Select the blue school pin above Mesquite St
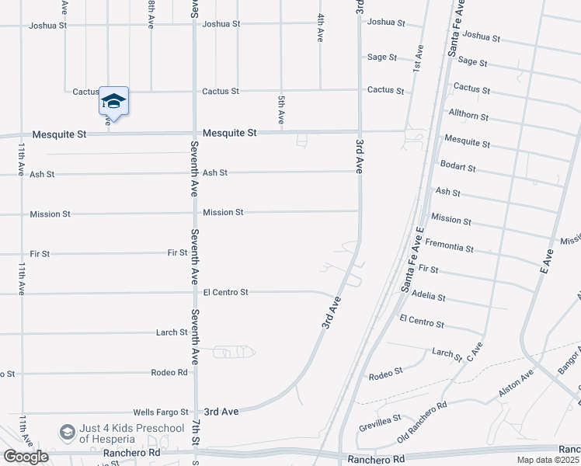point(113,102)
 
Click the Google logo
point(26,457)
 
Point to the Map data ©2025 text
point(548,460)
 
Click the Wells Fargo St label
point(161,412)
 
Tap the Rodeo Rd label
point(171,373)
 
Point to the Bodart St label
point(457,167)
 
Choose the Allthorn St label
point(468,116)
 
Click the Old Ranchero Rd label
point(422,422)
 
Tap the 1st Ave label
point(418,57)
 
